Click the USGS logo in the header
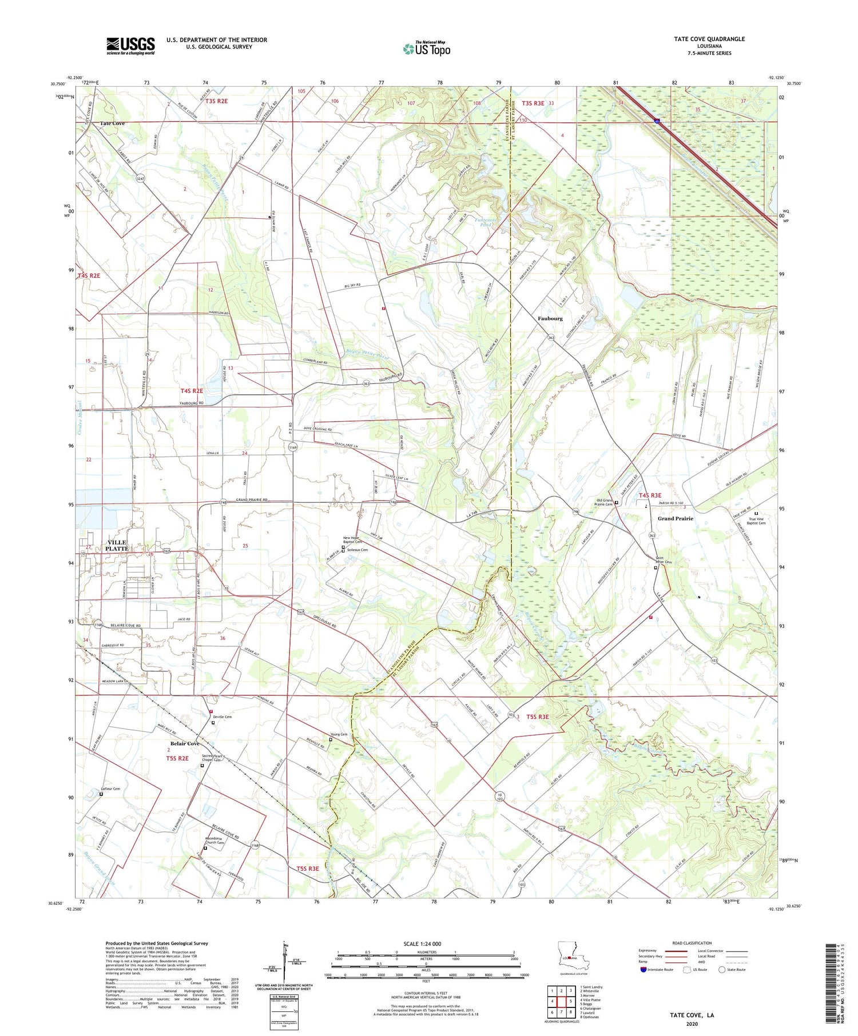coord(130,46)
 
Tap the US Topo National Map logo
coord(427,49)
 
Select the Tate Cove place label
coord(112,123)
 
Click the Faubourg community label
coord(550,318)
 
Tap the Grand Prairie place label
coord(675,518)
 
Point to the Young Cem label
coord(339,735)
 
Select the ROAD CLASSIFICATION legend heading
coord(692,943)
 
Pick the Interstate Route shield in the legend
coord(643,969)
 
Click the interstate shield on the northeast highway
coord(657,121)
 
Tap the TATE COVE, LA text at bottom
coord(692,1015)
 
